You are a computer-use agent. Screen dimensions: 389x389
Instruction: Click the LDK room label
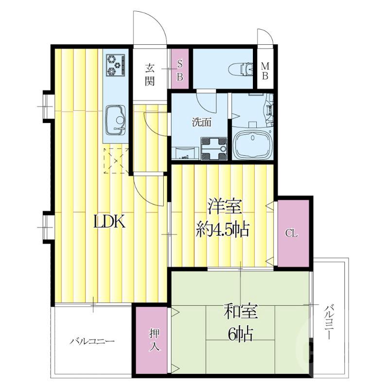[109, 221]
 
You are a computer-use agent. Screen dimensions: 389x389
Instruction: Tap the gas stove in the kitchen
[115, 65]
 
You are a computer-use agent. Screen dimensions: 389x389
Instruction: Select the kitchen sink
[116, 120]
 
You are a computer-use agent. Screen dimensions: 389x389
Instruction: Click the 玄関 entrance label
[150, 74]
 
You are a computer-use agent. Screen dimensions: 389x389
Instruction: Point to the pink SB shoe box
[180, 69]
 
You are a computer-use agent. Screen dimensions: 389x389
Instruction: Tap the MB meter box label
[265, 71]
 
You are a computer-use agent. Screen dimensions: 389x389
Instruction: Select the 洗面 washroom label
[202, 123]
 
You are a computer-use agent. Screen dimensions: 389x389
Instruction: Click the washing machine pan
[214, 149]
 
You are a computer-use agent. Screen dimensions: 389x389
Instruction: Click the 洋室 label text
[225, 206]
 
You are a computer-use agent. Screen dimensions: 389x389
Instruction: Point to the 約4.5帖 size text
[223, 229]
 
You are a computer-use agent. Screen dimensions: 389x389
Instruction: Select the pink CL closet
[293, 233]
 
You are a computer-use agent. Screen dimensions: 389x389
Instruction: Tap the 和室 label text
[241, 312]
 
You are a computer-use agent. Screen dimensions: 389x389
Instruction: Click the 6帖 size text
[240, 335]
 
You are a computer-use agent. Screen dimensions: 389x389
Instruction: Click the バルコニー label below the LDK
[92, 341]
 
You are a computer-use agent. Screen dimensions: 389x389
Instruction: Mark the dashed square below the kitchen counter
[116, 161]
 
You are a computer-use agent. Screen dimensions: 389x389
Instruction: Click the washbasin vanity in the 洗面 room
[186, 153]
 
